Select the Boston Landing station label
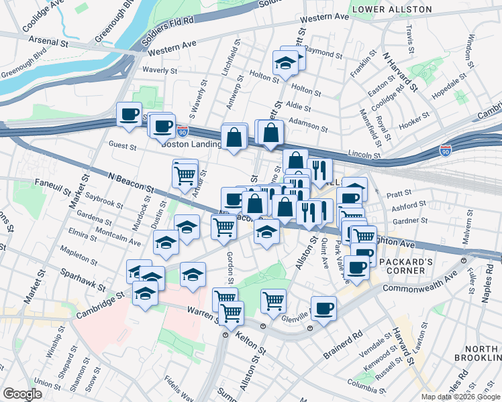[191, 143]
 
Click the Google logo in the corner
[22, 394]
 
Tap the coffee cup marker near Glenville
[323, 308]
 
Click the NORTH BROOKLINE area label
[479, 354]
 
